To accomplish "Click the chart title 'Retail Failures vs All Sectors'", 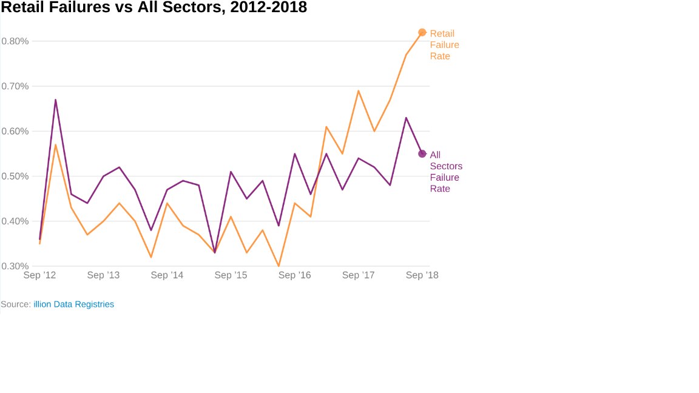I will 154,8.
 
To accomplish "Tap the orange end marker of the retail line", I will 422,32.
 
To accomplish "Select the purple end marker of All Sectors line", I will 422,153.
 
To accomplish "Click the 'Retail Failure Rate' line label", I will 444,45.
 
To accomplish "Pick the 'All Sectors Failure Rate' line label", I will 445,172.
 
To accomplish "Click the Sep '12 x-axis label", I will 40,275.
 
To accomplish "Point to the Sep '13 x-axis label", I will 104,275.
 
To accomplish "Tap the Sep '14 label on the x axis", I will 167,275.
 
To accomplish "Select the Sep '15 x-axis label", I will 231,275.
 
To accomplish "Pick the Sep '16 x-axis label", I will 295,275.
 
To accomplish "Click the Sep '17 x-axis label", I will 359,275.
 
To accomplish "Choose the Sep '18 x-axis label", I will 422,275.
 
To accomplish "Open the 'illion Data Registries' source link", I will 73,304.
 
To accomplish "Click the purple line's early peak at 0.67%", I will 56,100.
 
